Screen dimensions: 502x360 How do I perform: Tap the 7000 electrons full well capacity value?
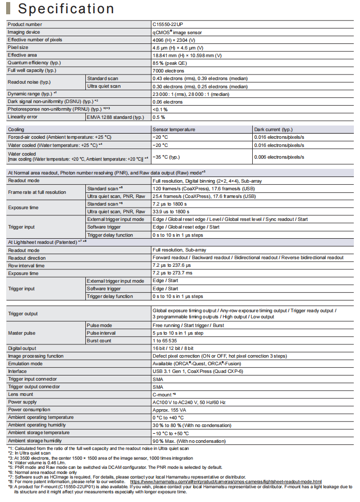169,70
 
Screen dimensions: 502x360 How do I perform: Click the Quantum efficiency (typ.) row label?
31,63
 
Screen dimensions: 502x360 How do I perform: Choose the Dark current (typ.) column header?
273,130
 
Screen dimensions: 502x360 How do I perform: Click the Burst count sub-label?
99,340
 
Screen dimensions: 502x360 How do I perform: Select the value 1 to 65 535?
165,340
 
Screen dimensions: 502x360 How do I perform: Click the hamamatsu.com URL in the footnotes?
226,481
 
